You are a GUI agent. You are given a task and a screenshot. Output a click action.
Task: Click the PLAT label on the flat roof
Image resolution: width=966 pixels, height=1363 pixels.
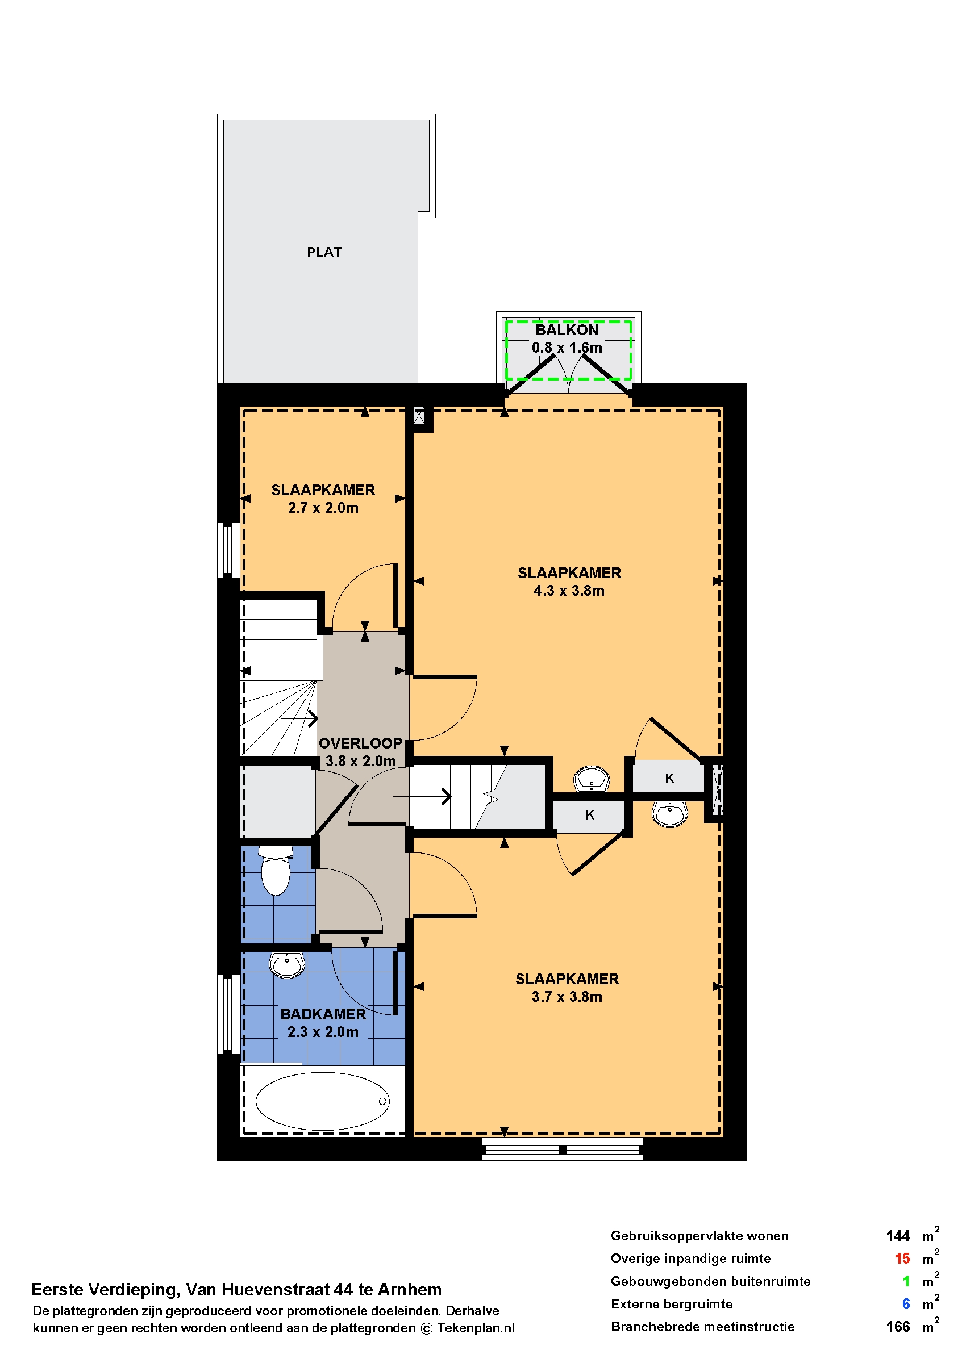[x=324, y=252]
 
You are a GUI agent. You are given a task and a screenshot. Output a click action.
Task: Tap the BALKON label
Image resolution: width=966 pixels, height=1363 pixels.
[x=567, y=330]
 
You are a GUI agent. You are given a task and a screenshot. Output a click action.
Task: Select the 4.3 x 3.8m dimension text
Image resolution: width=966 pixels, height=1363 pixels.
[x=569, y=591]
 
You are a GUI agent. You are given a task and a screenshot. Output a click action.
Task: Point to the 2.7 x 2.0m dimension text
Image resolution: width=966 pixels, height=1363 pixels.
[x=323, y=508]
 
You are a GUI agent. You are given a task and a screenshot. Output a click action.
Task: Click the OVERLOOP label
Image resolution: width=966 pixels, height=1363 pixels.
[x=360, y=743]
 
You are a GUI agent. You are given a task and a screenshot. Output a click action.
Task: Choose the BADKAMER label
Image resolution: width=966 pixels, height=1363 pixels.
[x=323, y=1014]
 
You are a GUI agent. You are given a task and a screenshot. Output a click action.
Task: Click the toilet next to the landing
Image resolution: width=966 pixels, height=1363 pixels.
[x=276, y=870]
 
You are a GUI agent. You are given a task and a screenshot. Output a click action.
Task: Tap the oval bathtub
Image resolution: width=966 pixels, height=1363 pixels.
[x=322, y=1101]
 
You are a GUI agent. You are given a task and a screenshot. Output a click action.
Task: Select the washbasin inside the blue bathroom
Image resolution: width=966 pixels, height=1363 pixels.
[x=288, y=965]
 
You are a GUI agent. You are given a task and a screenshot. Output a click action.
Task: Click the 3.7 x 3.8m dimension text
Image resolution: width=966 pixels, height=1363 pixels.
[x=567, y=997]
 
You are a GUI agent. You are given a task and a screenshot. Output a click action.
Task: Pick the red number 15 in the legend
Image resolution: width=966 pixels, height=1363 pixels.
[x=902, y=1259]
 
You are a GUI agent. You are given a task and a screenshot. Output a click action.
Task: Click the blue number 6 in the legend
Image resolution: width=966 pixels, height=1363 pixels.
[x=906, y=1303]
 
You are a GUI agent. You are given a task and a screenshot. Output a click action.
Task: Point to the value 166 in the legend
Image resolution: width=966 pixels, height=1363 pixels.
[x=898, y=1326]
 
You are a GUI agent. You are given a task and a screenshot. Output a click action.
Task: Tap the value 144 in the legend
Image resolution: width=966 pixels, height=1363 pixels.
[x=898, y=1236]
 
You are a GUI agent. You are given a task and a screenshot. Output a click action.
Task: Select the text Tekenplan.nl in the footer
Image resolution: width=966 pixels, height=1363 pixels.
[x=476, y=1328]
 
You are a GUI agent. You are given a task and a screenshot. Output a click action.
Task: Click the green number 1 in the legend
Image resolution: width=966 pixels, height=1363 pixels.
[x=906, y=1281]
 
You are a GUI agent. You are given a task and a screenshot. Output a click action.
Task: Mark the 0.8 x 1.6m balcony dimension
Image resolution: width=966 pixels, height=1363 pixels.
[x=567, y=348]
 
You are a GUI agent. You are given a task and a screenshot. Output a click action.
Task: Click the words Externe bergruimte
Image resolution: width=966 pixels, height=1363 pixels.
[x=672, y=1303]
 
